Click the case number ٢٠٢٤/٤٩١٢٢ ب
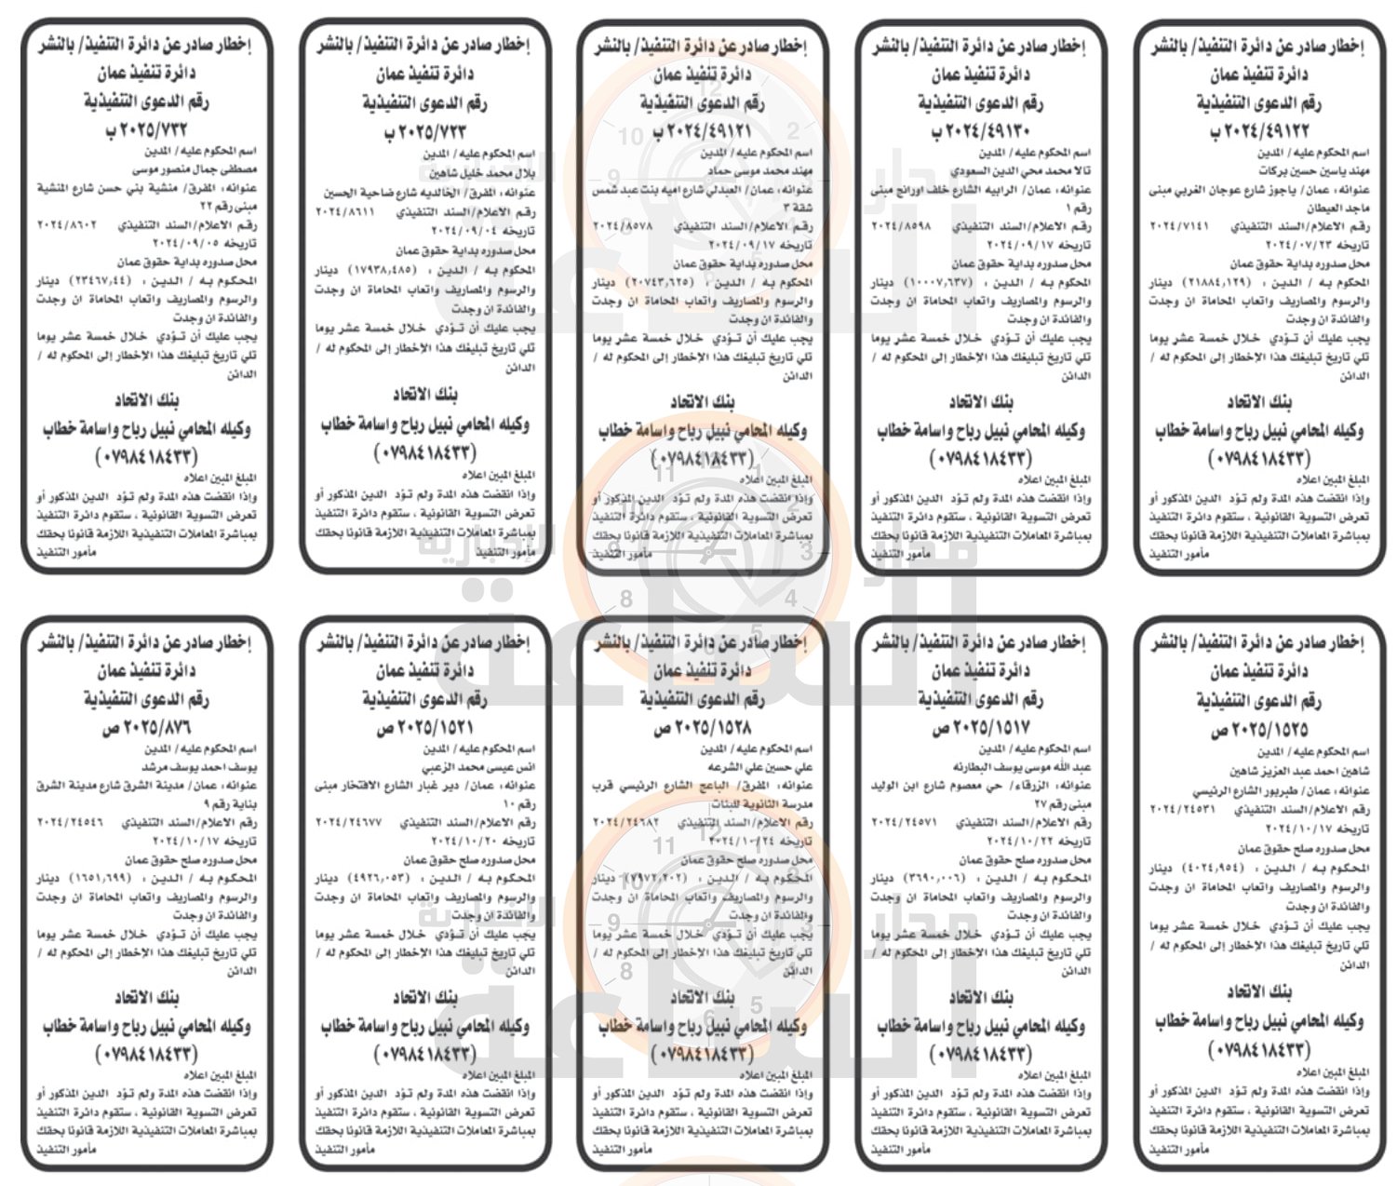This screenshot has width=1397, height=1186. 1258,132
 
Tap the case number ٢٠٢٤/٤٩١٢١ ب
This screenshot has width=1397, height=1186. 701,131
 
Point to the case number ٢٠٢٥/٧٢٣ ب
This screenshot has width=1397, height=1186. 424,131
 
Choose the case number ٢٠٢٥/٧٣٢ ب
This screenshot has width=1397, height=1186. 146,130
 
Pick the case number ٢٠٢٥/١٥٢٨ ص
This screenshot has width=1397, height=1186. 701,728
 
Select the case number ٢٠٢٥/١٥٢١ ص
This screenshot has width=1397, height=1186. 424,728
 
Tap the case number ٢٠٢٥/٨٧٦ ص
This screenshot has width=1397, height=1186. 146,728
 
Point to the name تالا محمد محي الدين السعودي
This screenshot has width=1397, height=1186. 1021,171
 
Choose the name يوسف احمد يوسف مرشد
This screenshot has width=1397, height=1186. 199,767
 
